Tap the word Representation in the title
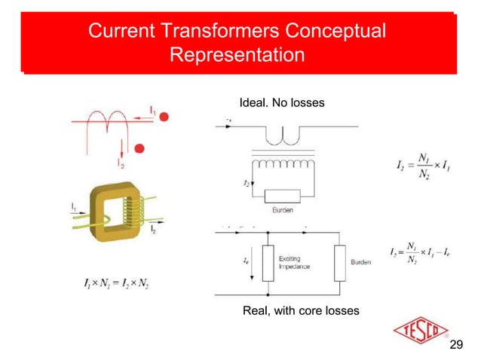(x=237, y=56)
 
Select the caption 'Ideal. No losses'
(x=281, y=102)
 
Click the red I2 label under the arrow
(x=121, y=162)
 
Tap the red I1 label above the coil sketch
(x=152, y=110)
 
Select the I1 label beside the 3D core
(x=74, y=205)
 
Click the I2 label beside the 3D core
(x=152, y=227)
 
